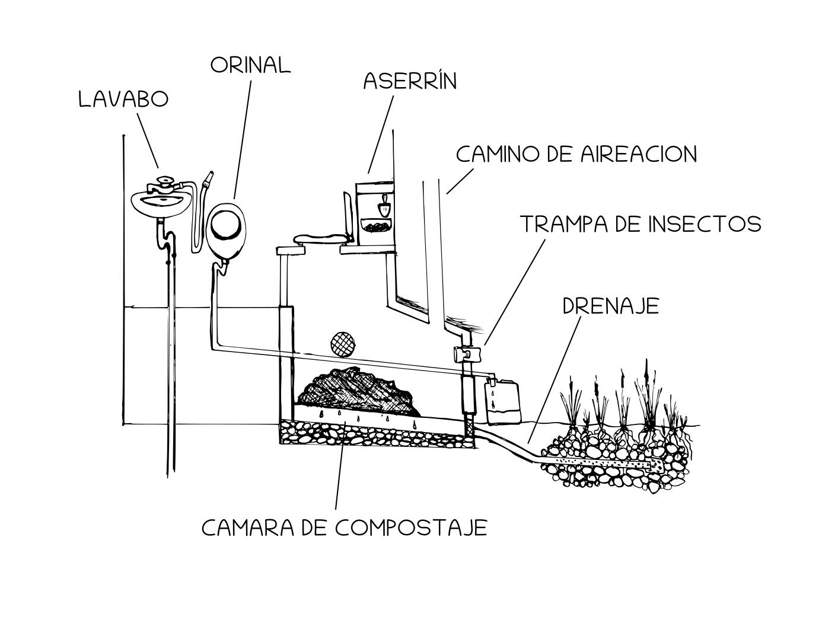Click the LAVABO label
tap(123, 100)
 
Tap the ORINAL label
tap(250, 65)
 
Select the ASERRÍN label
tap(410, 81)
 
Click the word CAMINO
tap(496, 154)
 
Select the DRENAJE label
tap(610, 306)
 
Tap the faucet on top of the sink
tap(164, 184)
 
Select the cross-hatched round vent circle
tap(342, 343)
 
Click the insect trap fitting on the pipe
tap(466, 354)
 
